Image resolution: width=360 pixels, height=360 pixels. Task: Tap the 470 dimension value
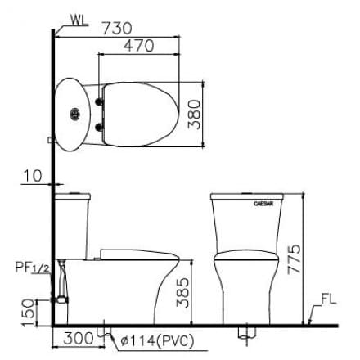[x=137, y=47]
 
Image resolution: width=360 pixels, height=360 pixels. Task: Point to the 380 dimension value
[x=193, y=115]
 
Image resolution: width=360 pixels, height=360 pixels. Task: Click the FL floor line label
[x=328, y=300]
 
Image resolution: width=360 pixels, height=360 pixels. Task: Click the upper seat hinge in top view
[x=101, y=101]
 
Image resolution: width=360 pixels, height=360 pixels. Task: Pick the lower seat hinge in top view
[x=101, y=126]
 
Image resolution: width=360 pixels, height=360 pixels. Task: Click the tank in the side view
[x=72, y=221]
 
